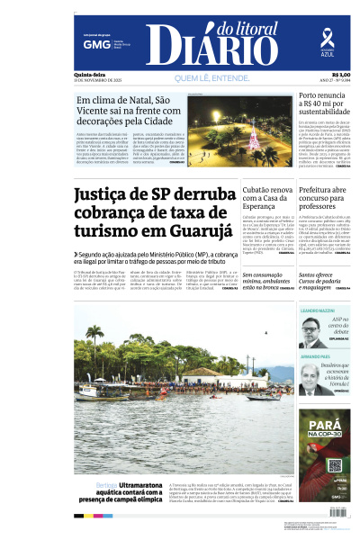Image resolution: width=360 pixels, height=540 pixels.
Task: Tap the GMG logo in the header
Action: pyautogui.click(x=91, y=43)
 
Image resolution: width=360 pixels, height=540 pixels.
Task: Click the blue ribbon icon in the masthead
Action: pyautogui.click(x=327, y=38)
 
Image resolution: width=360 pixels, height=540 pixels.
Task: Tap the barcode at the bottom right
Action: pyautogui.click(x=337, y=511)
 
